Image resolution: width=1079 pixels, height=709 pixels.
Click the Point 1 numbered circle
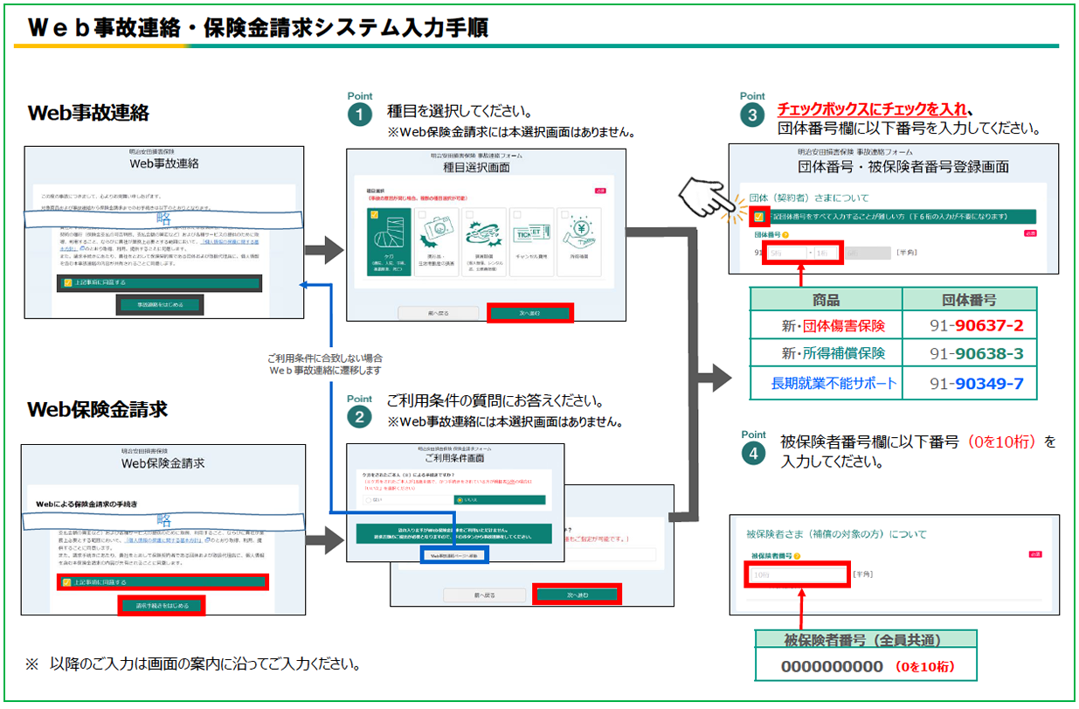click(359, 115)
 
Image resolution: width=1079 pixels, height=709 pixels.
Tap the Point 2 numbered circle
click(359, 417)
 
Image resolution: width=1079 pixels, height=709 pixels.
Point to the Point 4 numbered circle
click(752, 453)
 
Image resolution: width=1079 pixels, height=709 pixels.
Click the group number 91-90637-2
click(976, 326)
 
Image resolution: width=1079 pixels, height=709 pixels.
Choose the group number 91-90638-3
click(976, 354)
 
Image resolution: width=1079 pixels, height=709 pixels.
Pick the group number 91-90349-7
click(976, 383)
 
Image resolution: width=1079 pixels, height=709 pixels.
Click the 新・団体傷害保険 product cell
click(833, 326)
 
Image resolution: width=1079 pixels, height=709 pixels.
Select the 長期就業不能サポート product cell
click(833, 383)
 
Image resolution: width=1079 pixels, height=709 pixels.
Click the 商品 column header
click(826, 300)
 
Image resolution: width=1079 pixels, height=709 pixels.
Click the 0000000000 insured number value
click(832, 666)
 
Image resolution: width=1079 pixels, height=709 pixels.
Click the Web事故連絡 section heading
click(88, 113)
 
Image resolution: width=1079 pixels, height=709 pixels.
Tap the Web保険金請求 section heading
click(97, 409)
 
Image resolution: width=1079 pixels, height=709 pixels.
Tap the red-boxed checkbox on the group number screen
click(758, 215)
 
